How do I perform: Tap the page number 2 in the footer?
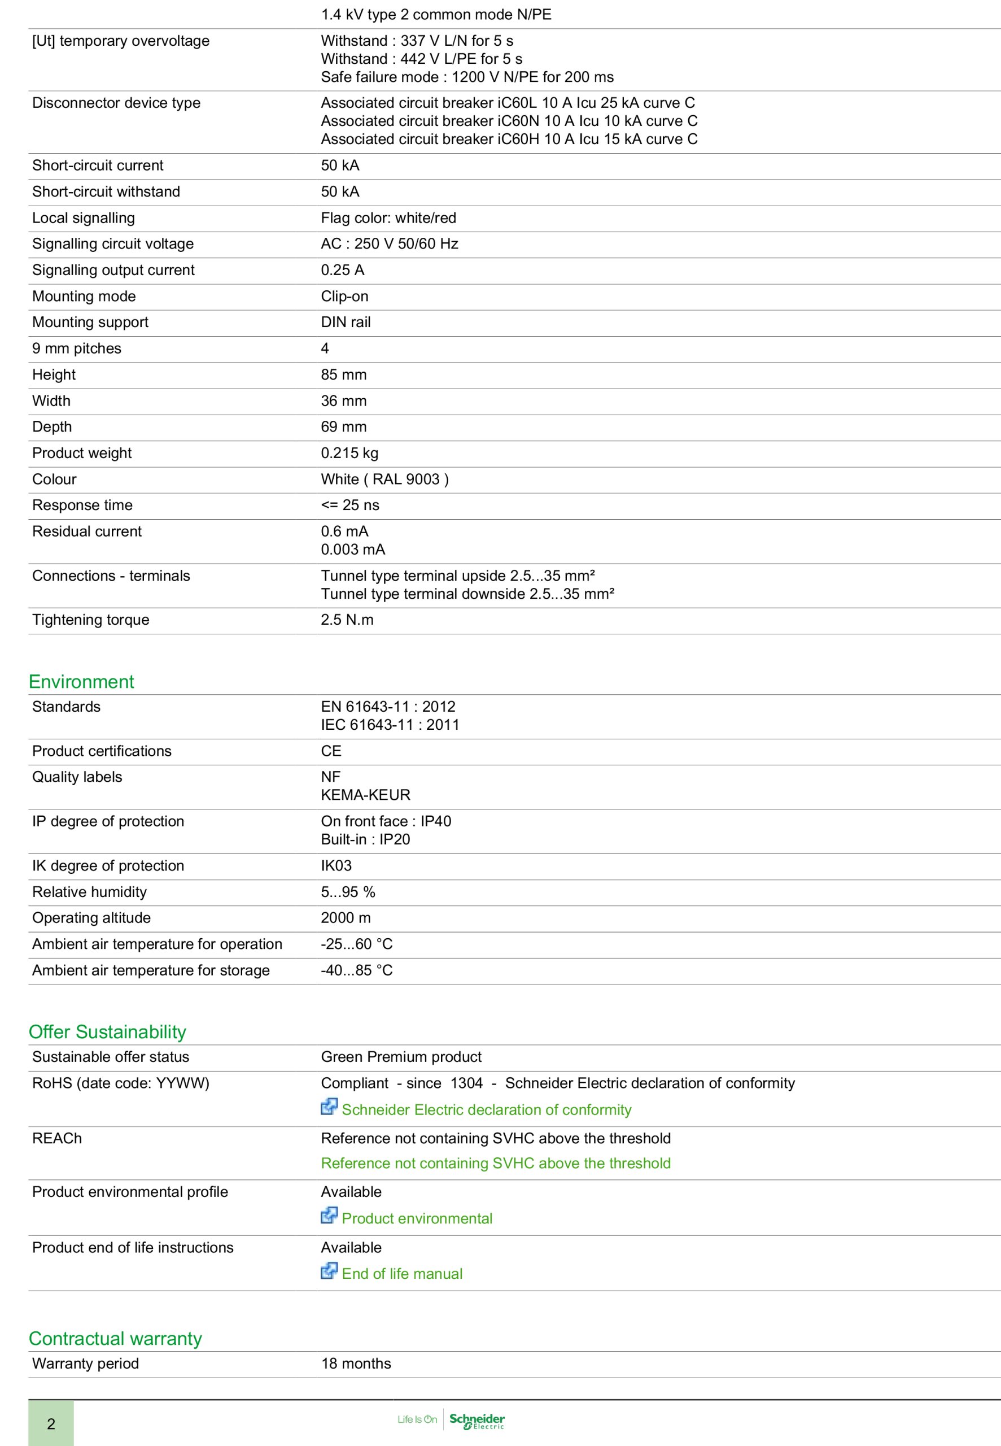pos(51,1423)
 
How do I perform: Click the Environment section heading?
pos(81,681)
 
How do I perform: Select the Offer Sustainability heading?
pos(107,1031)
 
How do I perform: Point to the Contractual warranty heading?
pos(115,1338)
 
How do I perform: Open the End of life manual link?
pos(401,1274)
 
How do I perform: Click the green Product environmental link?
pos(417,1218)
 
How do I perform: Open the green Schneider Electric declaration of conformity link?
pos(486,1110)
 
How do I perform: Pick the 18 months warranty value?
pos(356,1363)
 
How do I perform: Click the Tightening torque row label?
pos(91,620)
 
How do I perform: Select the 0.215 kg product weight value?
pos(350,453)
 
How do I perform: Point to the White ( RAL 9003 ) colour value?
pos(385,480)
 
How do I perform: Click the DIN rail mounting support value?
pos(346,322)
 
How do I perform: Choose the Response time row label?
pos(82,505)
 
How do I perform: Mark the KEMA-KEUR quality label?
pos(366,795)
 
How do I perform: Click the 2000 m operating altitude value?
pos(346,918)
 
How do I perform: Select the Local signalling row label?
pos(84,217)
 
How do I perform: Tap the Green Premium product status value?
pos(401,1056)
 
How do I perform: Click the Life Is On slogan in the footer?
pos(417,1419)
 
